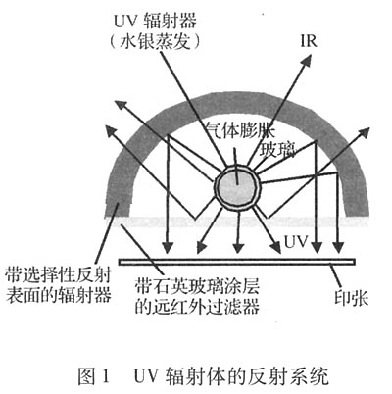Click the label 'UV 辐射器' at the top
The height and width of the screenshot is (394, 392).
155,21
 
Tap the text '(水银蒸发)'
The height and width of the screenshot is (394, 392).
155,41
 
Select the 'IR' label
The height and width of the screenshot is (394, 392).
309,42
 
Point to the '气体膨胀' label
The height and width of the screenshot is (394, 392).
241,130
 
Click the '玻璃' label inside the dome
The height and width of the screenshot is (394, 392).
277,149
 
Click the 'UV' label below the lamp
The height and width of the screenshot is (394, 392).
296,242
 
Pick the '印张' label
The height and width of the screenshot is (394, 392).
351,298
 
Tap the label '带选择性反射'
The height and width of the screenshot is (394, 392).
58,275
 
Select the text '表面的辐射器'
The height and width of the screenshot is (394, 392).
58,296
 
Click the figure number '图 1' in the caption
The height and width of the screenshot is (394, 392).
93,376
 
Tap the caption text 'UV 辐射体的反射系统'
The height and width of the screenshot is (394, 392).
231,376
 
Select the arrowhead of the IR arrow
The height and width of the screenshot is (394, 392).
306,61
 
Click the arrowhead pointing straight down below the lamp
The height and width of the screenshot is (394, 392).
239,248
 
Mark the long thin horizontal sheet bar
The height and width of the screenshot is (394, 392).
237,262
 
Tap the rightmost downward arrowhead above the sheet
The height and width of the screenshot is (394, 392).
339,247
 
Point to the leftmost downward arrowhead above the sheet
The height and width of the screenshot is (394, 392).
168,247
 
